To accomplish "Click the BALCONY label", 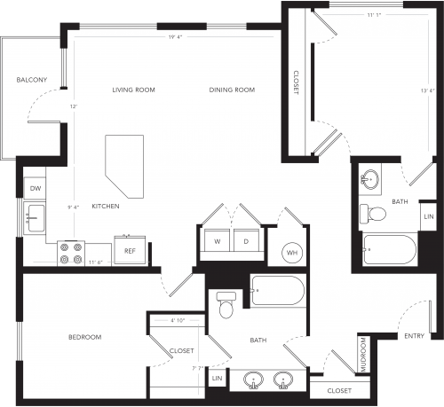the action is coord(32,80).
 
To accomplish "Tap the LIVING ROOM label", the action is coord(133,90).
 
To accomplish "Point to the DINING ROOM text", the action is coord(232,90).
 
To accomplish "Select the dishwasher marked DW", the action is coord(35,188).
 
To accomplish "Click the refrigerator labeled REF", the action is coord(130,250).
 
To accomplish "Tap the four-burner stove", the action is coord(71,254).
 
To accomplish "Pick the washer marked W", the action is coord(218,240).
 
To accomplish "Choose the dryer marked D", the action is coord(247,240).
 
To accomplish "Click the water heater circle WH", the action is coord(292,253).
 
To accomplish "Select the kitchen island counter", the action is coord(124,167).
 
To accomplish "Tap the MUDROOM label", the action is coord(363,355).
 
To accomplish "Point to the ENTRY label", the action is coord(415,336).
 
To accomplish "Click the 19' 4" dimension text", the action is coord(175,37).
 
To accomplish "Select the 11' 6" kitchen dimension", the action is coord(96,262).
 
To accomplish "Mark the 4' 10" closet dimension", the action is coord(178,320).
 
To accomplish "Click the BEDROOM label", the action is coord(85,337).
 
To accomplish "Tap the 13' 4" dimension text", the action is coord(428,90).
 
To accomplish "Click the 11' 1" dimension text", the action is coord(374,15).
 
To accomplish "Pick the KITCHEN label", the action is coord(106,207).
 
